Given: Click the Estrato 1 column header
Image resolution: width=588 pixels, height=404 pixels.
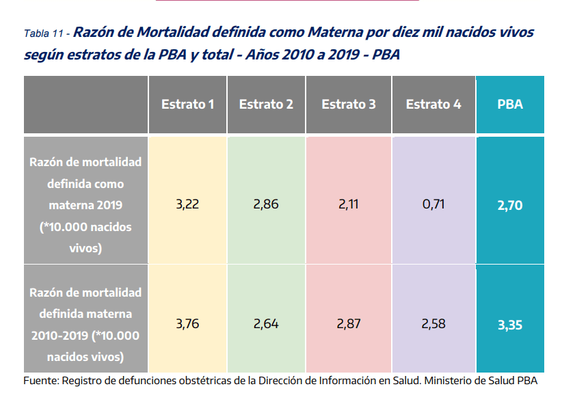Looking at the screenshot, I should [188, 105].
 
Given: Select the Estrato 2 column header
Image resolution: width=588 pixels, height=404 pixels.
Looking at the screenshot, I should [266, 105].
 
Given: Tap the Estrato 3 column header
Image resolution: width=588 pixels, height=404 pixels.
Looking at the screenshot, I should [348, 105].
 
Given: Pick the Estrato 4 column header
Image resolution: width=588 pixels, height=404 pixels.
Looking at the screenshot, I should [433, 105].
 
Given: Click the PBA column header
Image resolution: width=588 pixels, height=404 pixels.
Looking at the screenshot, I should [510, 105].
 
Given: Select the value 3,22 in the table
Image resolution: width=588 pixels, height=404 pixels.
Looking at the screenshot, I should [187, 204].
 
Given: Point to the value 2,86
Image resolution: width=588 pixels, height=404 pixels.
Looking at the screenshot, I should [266, 204].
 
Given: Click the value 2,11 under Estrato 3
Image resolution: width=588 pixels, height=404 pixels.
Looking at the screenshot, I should [348, 204].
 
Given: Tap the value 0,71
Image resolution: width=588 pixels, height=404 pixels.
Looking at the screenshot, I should [433, 204].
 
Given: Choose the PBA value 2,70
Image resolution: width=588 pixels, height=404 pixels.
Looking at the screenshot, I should [510, 205].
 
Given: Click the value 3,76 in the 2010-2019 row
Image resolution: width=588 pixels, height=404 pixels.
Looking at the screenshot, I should [187, 324].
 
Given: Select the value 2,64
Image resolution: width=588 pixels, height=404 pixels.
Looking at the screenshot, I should [266, 324].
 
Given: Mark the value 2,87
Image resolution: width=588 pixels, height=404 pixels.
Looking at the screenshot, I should [348, 324].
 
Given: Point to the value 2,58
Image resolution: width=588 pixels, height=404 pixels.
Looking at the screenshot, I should [433, 324].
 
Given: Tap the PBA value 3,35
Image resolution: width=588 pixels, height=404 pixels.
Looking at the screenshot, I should [510, 325].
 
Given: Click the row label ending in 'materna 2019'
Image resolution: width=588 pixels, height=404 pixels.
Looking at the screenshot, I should [85, 205].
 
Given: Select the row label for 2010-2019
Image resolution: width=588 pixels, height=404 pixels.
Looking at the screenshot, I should [85, 325].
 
